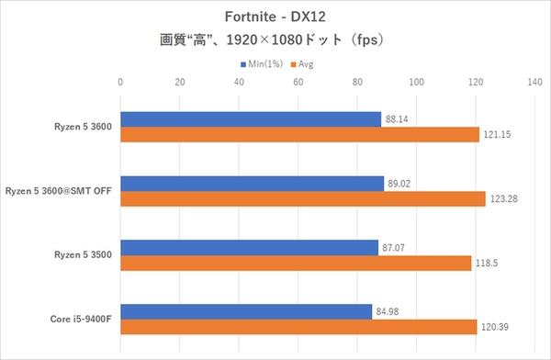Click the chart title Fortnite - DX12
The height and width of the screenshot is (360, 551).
click(275, 16)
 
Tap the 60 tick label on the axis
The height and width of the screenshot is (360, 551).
click(298, 83)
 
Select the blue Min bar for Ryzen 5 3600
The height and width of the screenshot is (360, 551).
click(251, 119)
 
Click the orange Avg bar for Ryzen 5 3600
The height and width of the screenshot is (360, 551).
click(299, 135)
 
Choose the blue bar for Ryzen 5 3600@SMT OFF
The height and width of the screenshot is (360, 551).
click(253, 184)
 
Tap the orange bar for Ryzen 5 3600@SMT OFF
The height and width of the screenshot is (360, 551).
click(303, 199)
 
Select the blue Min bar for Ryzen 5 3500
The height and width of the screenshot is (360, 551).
click(250, 247)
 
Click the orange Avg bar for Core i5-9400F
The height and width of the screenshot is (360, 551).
click(298, 326)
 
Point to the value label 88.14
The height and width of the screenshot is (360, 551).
click(398, 119)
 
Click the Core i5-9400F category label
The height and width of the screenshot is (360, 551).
click(80, 319)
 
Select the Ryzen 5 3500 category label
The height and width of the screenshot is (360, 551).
click(83, 254)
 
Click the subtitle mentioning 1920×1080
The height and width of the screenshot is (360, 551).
click(275, 40)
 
